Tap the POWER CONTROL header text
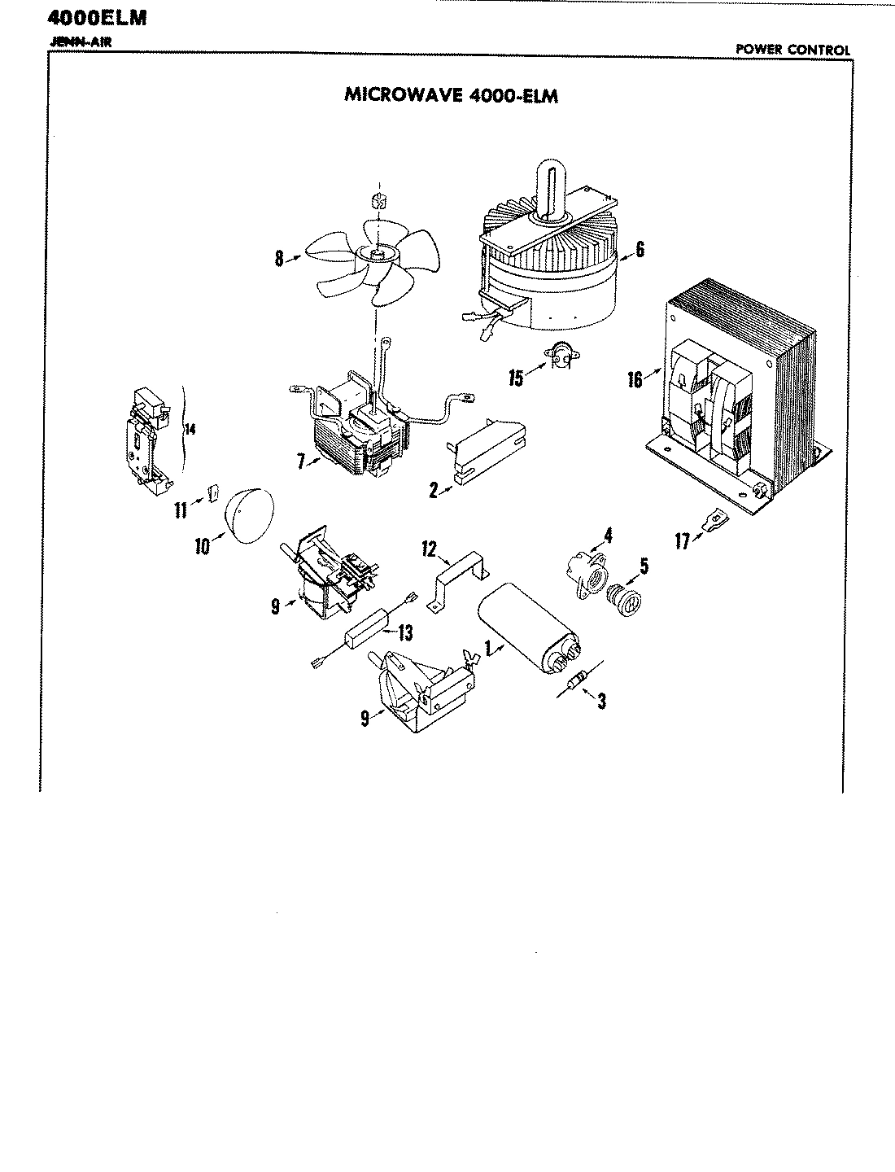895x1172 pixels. coord(792,50)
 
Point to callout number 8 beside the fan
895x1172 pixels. coord(279,260)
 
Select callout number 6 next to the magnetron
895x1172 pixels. coord(640,250)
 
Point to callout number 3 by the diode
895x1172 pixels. coord(601,700)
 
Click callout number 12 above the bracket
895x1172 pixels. coord(430,549)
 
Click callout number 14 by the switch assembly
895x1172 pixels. coord(190,431)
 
